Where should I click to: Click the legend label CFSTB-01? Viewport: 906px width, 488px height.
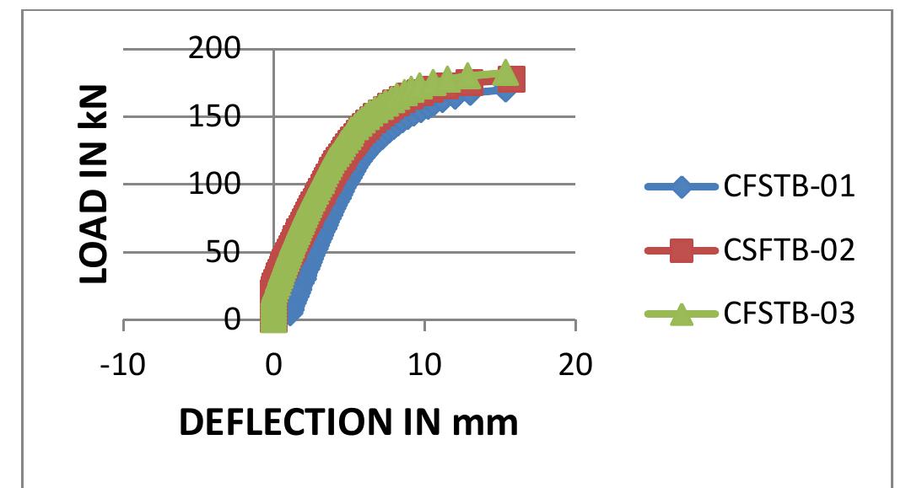[789, 187]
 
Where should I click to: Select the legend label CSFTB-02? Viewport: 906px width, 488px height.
[789, 250]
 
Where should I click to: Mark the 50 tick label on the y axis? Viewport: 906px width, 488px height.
[227, 252]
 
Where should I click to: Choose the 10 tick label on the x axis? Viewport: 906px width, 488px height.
[424, 366]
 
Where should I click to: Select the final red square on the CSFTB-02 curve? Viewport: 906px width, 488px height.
[513, 80]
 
